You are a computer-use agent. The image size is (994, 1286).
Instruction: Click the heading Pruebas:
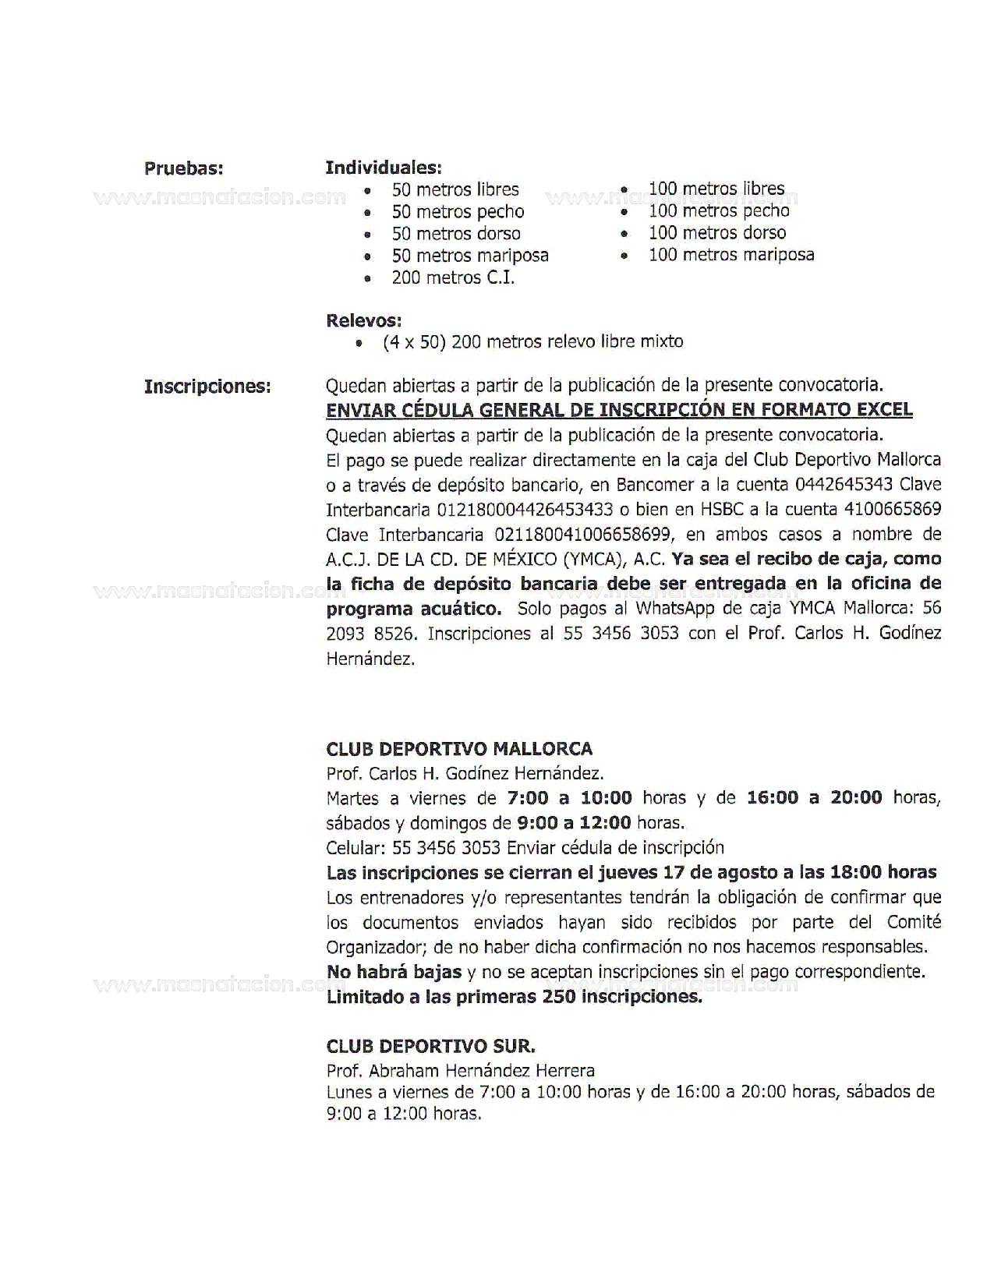tap(183, 168)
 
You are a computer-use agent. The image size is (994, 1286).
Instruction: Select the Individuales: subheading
tap(383, 168)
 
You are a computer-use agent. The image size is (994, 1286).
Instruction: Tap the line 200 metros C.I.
tap(453, 278)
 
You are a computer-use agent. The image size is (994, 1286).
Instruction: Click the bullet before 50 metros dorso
tap(367, 235)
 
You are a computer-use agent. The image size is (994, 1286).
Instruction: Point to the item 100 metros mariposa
tap(730, 255)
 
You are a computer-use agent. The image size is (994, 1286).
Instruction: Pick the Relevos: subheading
tap(363, 320)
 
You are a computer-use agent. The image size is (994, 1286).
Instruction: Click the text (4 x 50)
tap(413, 342)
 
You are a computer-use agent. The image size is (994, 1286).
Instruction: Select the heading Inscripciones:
tap(207, 387)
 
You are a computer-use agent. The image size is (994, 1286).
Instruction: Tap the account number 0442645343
tap(844, 485)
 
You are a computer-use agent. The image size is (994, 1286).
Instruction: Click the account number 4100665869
tap(893, 510)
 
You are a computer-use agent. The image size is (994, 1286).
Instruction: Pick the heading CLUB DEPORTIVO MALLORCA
tap(459, 749)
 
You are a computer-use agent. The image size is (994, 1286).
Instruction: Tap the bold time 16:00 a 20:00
tap(814, 797)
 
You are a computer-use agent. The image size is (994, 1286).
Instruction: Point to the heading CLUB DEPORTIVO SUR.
tap(430, 1047)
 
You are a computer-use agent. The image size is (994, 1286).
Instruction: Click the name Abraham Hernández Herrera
tap(482, 1071)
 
